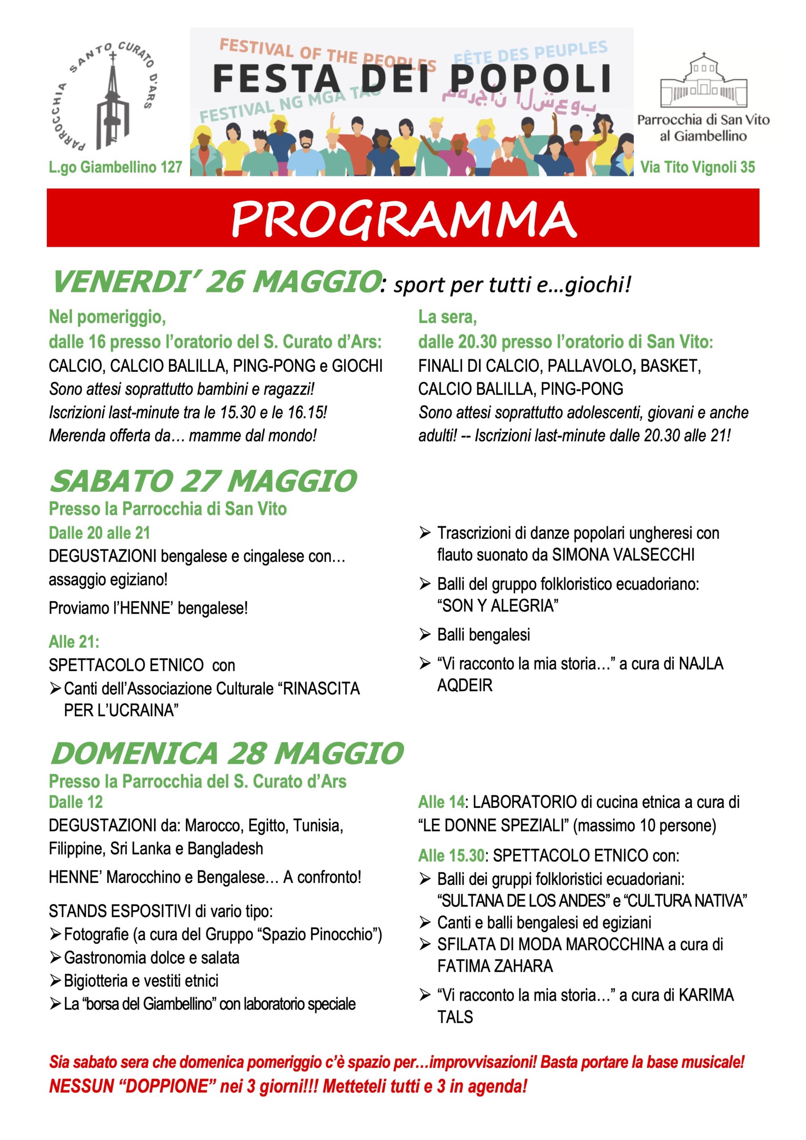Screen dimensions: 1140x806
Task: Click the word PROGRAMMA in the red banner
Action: (403, 219)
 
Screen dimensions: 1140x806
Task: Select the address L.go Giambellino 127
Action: (115, 167)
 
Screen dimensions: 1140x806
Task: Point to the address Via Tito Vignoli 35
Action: (697, 167)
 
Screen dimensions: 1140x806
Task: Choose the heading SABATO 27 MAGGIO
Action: (203, 481)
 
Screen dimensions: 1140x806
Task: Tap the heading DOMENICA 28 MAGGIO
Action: (227, 753)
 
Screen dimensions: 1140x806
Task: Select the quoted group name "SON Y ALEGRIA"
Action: (497, 606)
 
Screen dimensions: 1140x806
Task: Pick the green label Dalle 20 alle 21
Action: (99, 533)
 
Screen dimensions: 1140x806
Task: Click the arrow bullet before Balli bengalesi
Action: (425, 635)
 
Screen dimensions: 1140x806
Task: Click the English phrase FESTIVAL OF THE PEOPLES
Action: (328, 55)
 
